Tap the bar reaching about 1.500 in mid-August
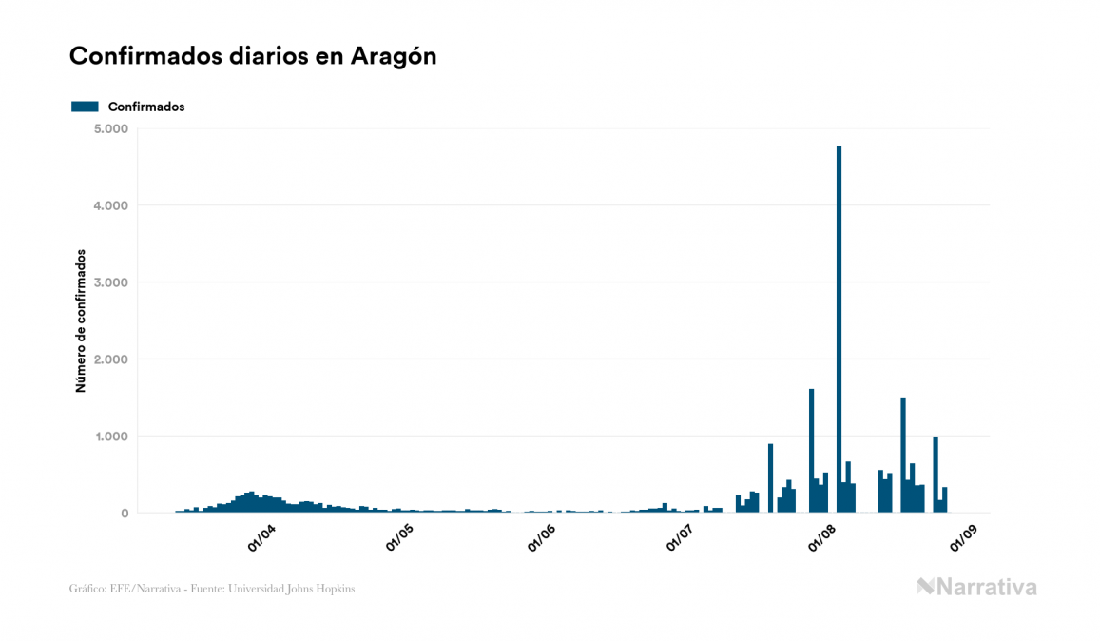click(x=903, y=455)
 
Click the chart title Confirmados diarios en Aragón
click(x=253, y=56)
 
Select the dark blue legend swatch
click(x=85, y=107)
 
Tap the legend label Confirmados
click(x=146, y=107)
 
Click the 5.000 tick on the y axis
click(x=112, y=128)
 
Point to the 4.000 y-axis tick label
click(x=112, y=205)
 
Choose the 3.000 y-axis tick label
click(x=112, y=282)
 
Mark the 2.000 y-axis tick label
click(x=112, y=359)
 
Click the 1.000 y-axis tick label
click(x=112, y=437)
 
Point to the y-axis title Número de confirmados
click(x=82, y=320)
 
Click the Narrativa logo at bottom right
click(x=976, y=587)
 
